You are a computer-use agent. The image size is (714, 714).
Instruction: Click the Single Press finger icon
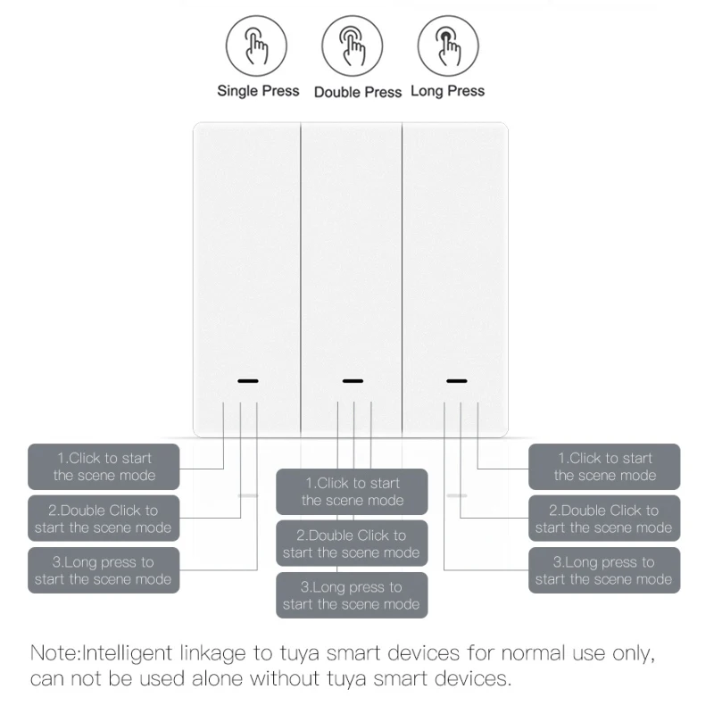pyautogui.click(x=256, y=46)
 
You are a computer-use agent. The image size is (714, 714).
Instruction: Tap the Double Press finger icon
pyautogui.click(x=352, y=46)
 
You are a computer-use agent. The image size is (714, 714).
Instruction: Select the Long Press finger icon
pyautogui.click(x=448, y=46)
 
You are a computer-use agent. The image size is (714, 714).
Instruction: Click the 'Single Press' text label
pyautogui.click(x=258, y=91)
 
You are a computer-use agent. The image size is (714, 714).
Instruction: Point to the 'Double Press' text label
pyautogui.click(x=358, y=92)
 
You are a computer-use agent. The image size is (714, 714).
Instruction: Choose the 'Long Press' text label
pyautogui.click(x=448, y=91)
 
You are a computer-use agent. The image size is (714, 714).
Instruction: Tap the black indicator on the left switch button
pyautogui.click(x=248, y=381)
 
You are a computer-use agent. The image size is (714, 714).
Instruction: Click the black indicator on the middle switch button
pyautogui.click(x=353, y=381)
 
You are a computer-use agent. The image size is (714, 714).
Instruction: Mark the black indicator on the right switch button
pyautogui.click(x=457, y=381)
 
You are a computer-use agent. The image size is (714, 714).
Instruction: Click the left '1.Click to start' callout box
pyautogui.click(x=104, y=467)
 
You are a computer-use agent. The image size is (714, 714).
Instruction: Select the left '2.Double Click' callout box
pyautogui.click(x=104, y=519)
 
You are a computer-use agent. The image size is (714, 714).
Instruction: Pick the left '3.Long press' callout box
pyautogui.click(x=104, y=570)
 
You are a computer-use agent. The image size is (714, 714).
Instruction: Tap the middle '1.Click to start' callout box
pyautogui.click(x=352, y=492)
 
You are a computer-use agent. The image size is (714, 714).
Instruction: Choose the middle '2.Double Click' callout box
pyautogui.click(x=352, y=544)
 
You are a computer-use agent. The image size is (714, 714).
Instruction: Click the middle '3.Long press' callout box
pyautogui.click(x=352, y=595)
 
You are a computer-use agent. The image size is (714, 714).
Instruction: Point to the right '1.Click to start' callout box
pyautogui.click(x=604, y=467)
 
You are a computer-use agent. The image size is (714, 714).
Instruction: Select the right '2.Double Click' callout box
pyautogui.click(x=604, y=519)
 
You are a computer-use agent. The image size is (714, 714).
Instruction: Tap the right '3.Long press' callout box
pyautogui.click(x=604, y=570)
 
